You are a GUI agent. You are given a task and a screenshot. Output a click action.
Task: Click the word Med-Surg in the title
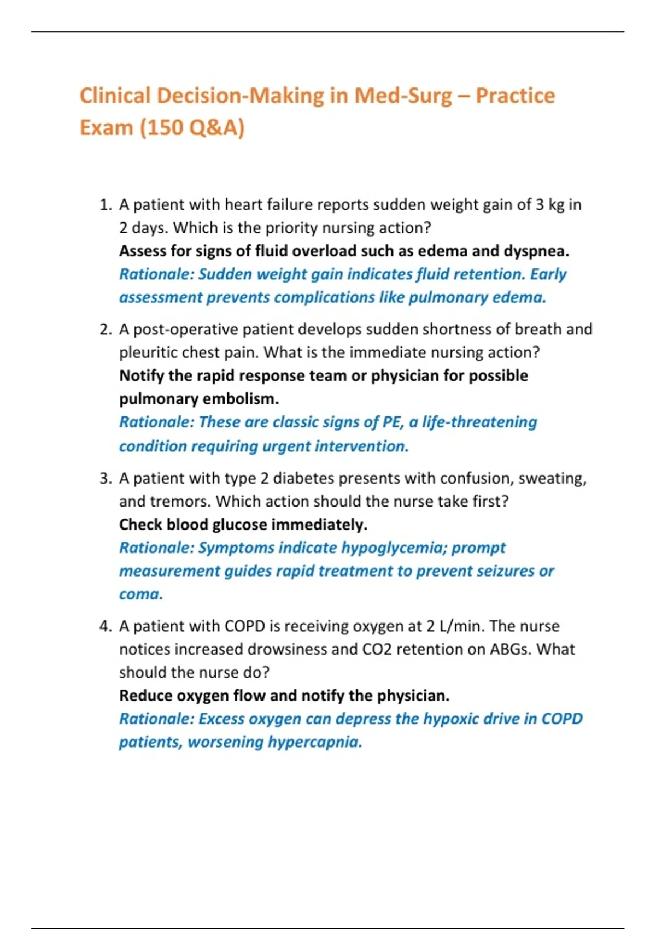403,96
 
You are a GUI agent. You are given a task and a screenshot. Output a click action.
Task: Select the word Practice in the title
515,96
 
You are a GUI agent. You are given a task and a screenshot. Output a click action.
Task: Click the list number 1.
105,205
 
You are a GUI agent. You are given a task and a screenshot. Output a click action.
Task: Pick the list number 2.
105,330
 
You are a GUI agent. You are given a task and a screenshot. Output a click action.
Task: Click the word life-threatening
479,422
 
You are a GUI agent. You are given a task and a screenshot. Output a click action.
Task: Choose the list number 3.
105,479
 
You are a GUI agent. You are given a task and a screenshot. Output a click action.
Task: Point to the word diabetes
300,479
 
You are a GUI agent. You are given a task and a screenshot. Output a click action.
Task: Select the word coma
141,595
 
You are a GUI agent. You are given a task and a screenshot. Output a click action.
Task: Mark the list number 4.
105,626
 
